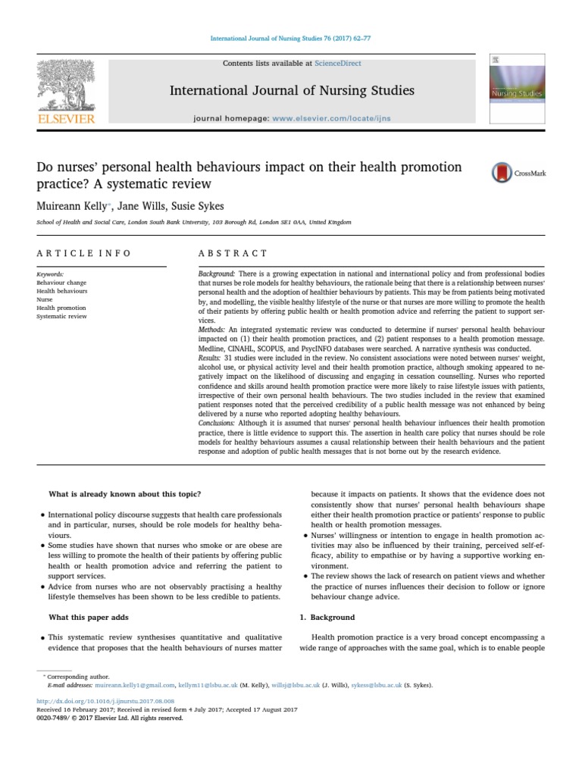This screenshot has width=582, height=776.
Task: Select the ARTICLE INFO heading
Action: click(x=83, y=253)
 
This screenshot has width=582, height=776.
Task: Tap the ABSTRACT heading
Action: click(x=233, y=253)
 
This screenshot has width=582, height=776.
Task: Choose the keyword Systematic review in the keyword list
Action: click(x=61, y=316)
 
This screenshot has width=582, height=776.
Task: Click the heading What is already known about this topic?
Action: click(x=124, y=495)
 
